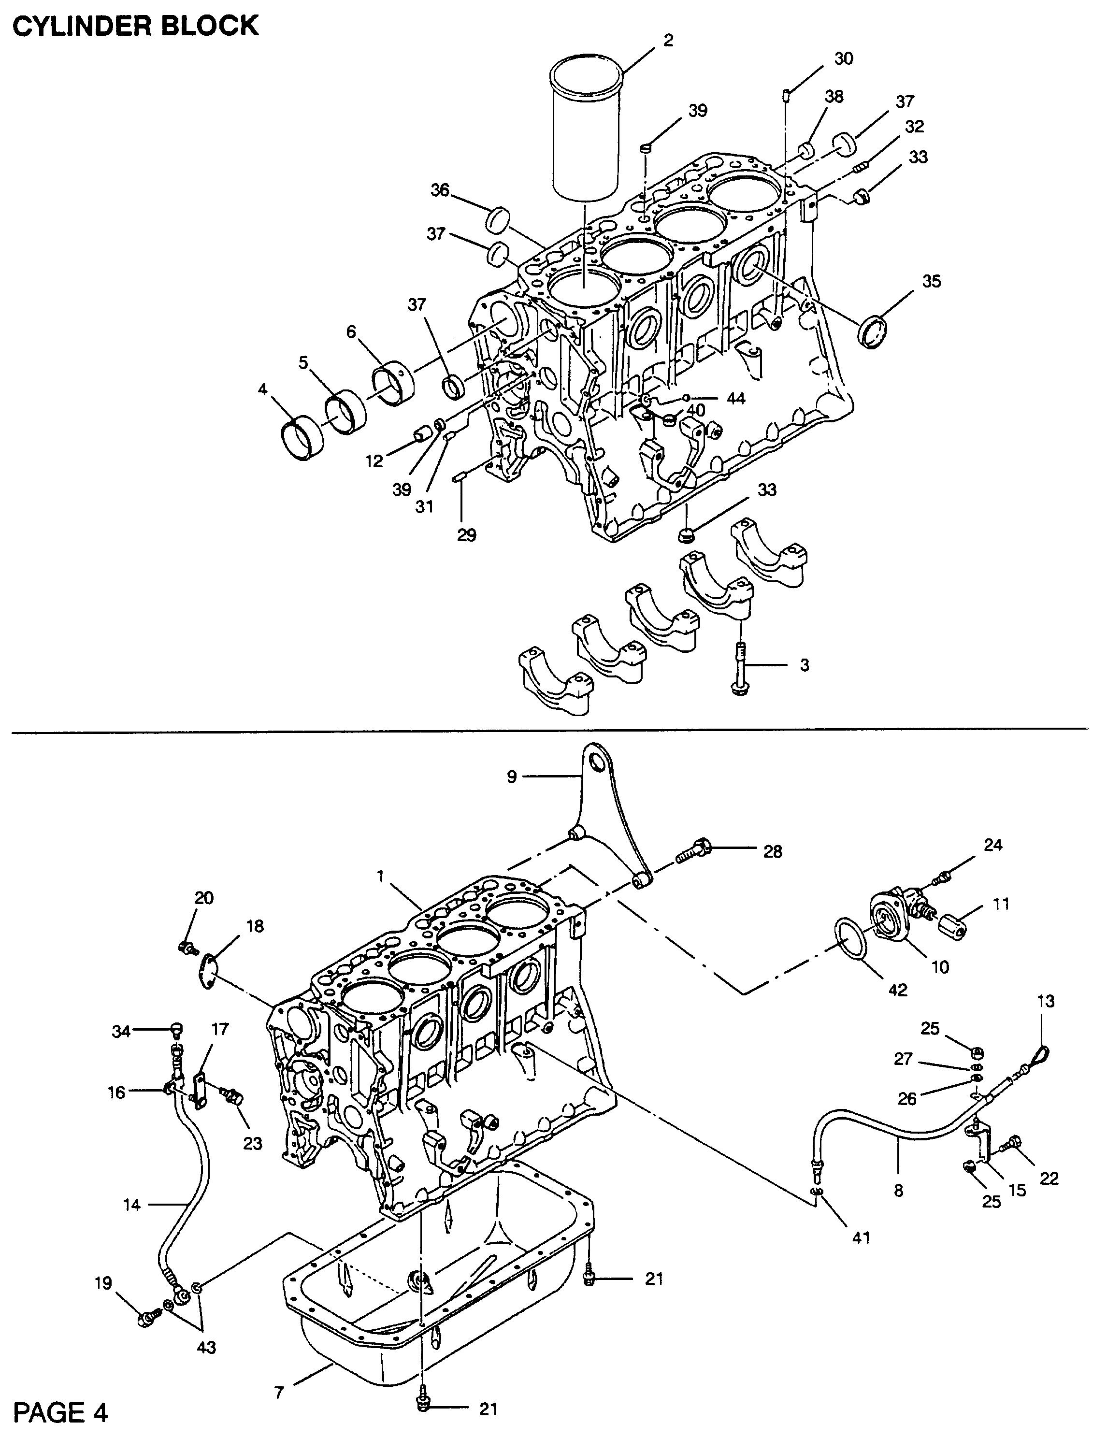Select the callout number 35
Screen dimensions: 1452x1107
coord(931,281)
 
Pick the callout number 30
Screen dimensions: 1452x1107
coord(844,58)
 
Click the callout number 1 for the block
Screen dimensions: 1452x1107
coord(380,876)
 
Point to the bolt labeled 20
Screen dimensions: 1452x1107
coord(187,948)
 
